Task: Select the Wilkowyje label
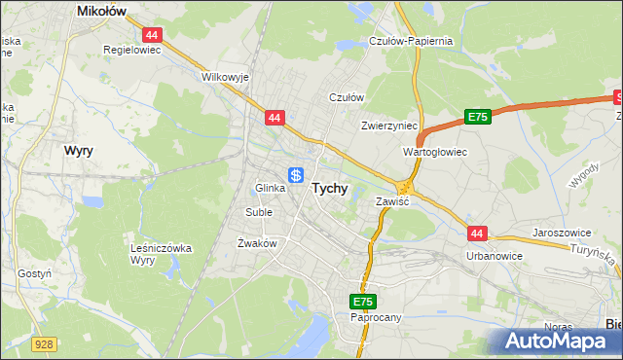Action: pyautogui.click(x=225, y=76)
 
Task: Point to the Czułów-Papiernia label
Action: pyautogui.click(x=411, y=41)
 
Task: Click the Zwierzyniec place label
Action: pyautogui.click(x=388, y=126)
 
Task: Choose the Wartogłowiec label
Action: pyautogui.click(x=435, y=152)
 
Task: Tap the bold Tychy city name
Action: pyautogui.click(x=329, y=190)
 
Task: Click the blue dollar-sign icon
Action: pyautogui.click(x=296, y=175)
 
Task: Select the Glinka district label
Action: pyautogui.click(x=270, y=188)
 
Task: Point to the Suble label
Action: pyautogui.click(x=259, y=211)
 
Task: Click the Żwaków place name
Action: pyautogui.click(x=258, y=243)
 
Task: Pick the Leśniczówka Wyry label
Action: pyautogui.click(x=162, y=254)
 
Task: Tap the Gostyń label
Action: pyautogui.click(x=34, y=274)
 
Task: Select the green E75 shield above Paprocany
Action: pyautogui.click(x=364, y=302)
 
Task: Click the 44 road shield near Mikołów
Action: pyautogui.click(x=155, y=33)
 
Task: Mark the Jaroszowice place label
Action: pyautogui.click(x=563, y=234)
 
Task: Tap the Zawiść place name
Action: pyautogui.click(x=392, y=201)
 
